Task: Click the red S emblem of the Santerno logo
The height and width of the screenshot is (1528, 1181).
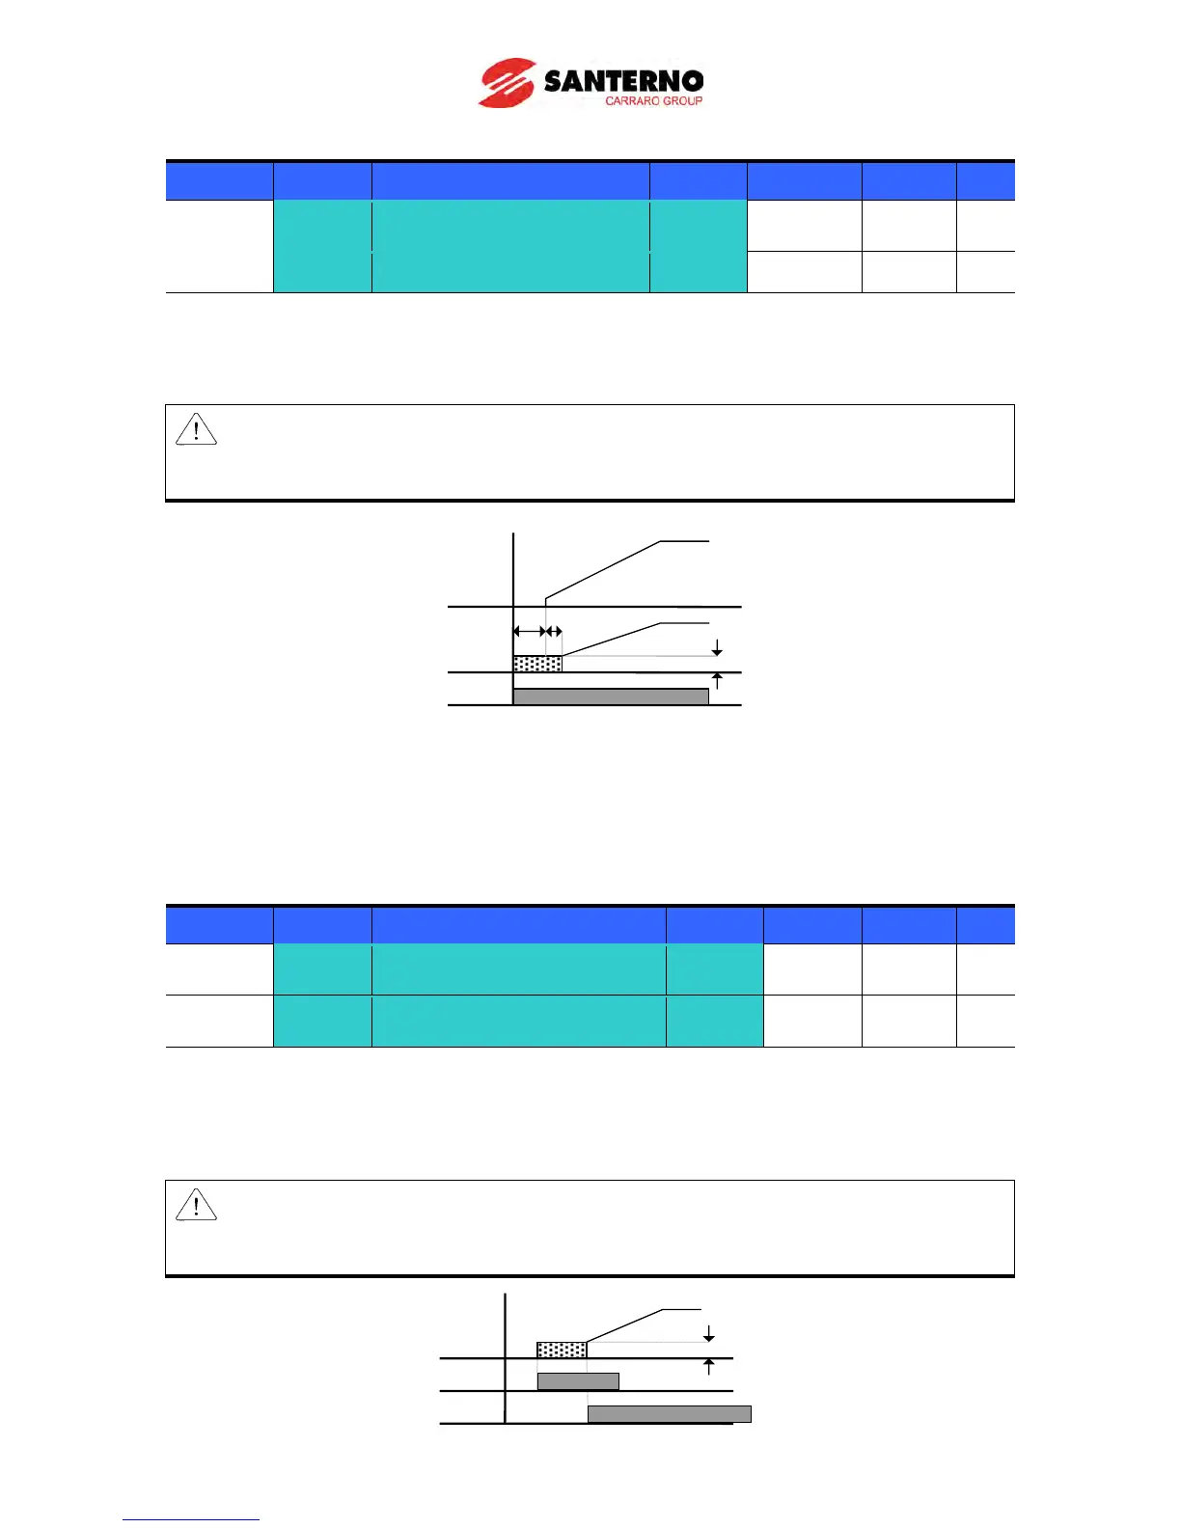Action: tap(507, 83)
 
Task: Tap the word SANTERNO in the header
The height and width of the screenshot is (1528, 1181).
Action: tap(623, 81)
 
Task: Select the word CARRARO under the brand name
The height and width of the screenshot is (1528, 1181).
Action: tap(630, 100)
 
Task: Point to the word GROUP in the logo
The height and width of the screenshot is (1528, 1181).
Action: tap(682, 100)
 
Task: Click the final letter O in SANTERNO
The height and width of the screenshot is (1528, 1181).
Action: tap(690, 81)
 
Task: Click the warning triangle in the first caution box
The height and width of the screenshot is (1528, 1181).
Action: tap(196, 429)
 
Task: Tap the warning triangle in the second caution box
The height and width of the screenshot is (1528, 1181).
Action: tap(196, 1205)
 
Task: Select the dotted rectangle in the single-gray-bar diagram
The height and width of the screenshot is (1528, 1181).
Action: tap(537, 664)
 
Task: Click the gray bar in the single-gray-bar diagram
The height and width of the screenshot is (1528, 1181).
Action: tap(611, 696)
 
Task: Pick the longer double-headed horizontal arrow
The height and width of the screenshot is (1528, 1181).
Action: tap(529, 632)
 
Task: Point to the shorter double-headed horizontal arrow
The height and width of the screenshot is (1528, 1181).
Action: tap(554, 632)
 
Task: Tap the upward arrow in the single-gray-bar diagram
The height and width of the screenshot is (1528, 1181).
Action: tap(717, 681)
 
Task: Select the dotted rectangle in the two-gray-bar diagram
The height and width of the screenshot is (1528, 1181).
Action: tap(562, 1350)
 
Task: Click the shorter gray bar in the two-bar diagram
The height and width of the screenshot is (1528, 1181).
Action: tap(578, 1381)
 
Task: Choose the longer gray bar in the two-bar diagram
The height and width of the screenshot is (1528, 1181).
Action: tap(670, 1414)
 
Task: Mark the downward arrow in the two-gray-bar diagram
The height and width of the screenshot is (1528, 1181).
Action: tap(709, 1333)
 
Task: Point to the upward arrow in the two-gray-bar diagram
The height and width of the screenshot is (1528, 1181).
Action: tap(709, 1366)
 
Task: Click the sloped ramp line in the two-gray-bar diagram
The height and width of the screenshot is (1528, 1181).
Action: tap(623, 1325)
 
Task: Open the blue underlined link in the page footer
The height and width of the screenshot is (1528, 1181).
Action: tap(190, 1519)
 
